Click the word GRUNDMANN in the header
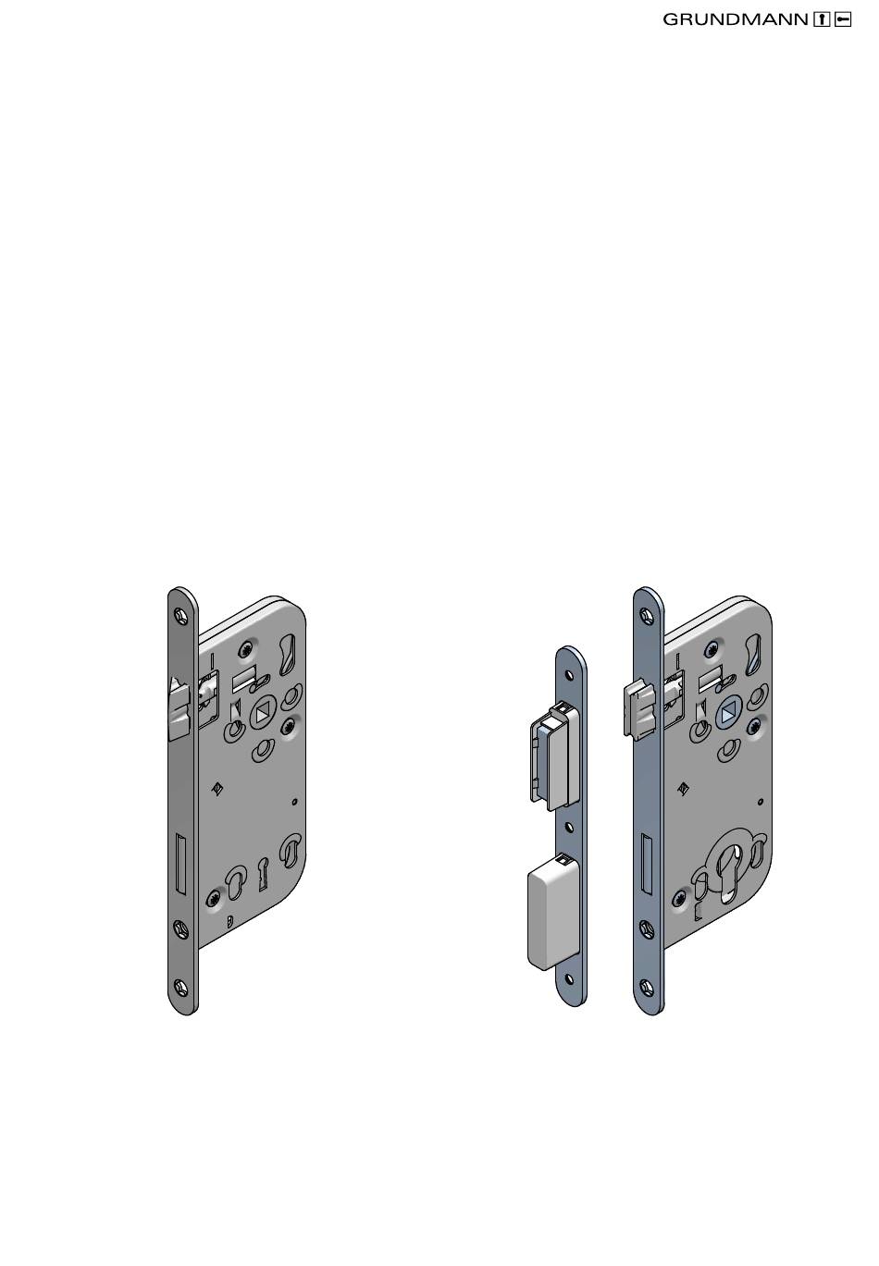(735, 20)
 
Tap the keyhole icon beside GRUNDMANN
(822, 19)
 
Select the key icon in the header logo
(843, 19)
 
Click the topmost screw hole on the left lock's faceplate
(180, 614)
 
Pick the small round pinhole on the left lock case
(293, 802)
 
